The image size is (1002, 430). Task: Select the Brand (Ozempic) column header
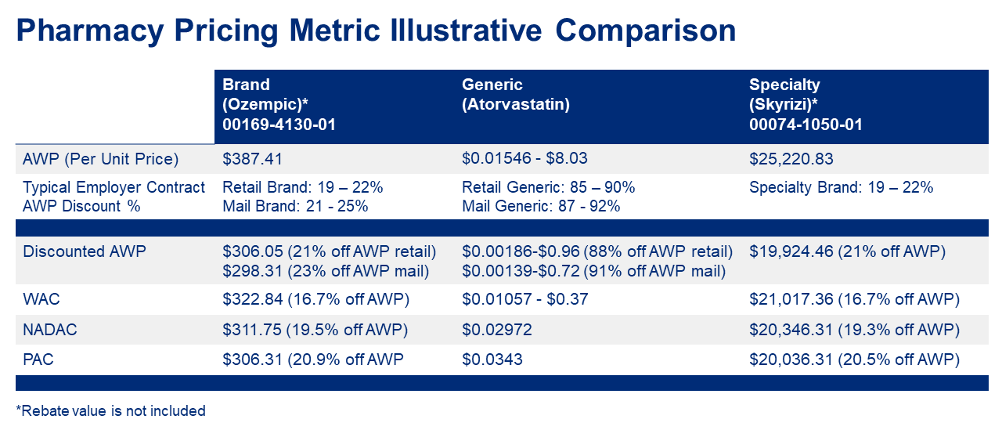[x=279, y=104]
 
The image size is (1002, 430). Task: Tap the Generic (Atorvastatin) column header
[x=515, y=94]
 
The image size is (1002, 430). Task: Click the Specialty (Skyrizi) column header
[x=806, y=104]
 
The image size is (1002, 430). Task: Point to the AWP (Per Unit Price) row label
[x=101, y=159]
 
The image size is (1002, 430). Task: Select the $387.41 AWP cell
[x=251, y=159]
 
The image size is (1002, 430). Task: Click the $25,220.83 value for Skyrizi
[x=791, y=159]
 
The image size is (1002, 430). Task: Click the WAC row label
[x=41, y=299]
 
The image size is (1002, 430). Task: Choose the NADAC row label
[x=50, y=330]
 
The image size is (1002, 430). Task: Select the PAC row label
[x=39, y=360]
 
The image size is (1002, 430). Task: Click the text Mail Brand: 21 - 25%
[x=295, y=206]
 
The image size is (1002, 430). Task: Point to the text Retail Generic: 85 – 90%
[x=548, y=188]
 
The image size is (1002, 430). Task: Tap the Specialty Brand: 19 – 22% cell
[x=841, y=188]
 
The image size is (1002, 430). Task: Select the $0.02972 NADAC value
[x=497, y=330]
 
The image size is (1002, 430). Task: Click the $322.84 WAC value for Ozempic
[x=251, y=299]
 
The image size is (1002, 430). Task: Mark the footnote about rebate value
[x=110, y=410]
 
